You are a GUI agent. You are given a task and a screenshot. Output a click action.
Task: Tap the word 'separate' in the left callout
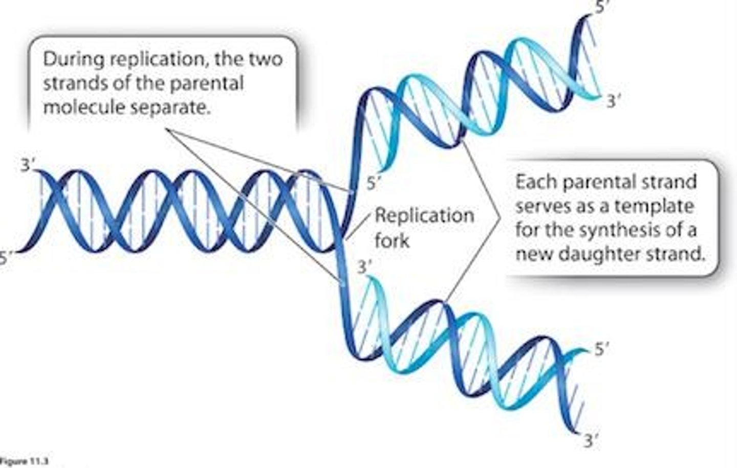(x=171, y=108)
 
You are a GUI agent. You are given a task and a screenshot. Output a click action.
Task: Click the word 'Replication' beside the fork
(x=424, y=215)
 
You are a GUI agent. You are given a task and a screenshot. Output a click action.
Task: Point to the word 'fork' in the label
(x=392, y=240)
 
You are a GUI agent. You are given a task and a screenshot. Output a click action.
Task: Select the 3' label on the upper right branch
(x=614, y=101)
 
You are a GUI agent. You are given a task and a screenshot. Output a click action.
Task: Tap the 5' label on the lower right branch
(x=602, y=349)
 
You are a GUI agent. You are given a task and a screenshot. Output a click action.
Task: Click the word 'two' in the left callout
(x=266, y=59)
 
